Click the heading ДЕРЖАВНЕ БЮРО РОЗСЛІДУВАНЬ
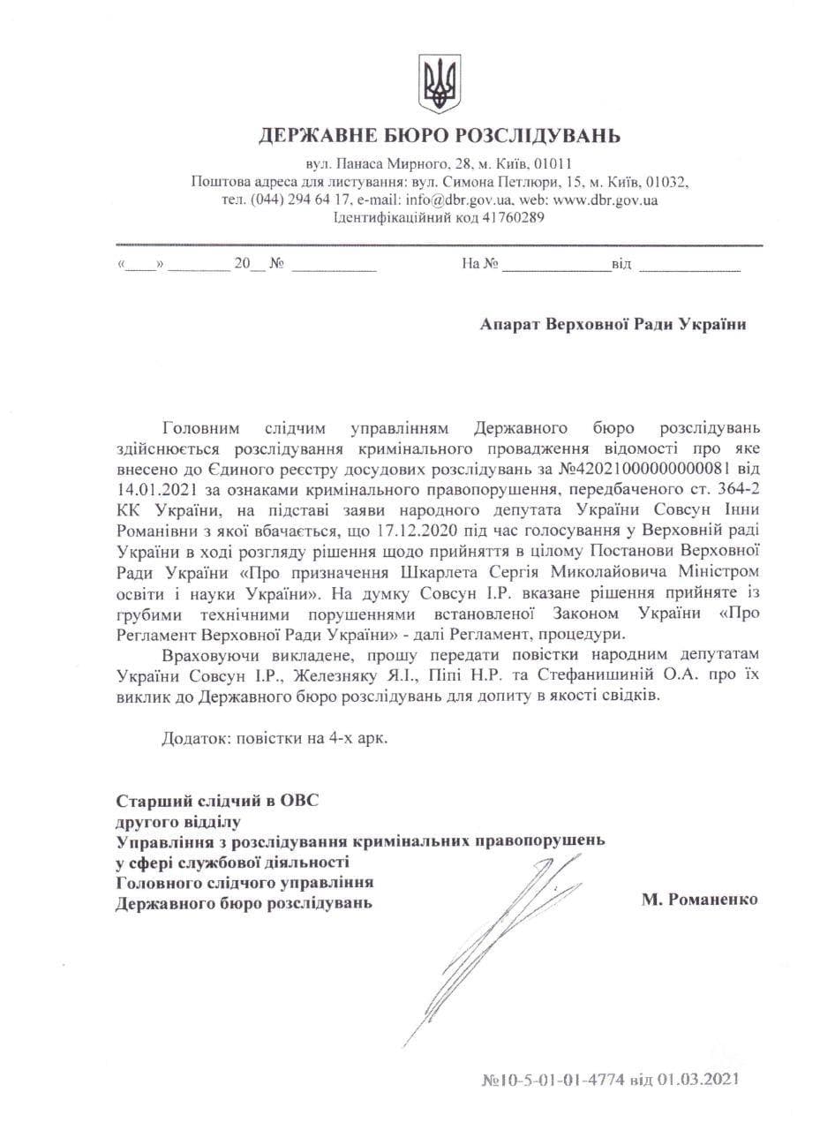(x=439, y=136)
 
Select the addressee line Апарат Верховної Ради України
(x=613, y=324)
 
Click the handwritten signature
(x=494, y=936)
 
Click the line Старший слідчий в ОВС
(x=217, y=802)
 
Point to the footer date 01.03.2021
(x=700, y=1079)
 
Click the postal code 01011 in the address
(x=552, y=164)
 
